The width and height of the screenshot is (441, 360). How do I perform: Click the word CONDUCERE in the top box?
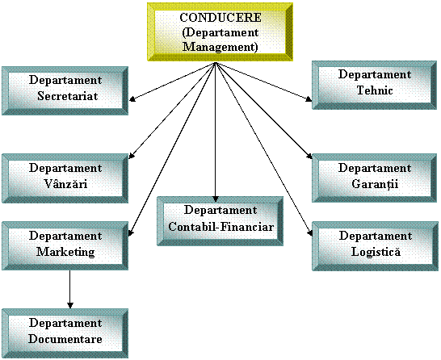coord(220,18)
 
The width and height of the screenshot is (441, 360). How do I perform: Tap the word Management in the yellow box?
coord(220,47)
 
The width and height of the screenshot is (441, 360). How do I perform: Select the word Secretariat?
coord(68,96)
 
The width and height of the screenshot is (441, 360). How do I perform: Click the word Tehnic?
coord(375,90)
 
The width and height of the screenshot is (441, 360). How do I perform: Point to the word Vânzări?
coord(65,184)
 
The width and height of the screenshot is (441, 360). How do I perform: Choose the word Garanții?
coord(375,184)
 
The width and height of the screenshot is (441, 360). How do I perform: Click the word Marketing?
coord(65,252)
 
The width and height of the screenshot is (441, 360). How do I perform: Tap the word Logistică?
coord(376,252)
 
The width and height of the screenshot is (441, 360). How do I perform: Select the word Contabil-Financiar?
coord(220,227)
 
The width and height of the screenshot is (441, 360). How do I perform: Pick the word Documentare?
coord(65,339)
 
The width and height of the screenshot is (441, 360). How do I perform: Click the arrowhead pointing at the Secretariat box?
coord(132,98)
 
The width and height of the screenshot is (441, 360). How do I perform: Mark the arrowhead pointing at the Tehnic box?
coord(309,99)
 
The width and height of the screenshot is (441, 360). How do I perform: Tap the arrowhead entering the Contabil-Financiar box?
coord(216,199)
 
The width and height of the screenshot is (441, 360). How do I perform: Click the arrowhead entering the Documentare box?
coord(70,305)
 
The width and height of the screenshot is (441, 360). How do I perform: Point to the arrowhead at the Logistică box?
coord(310,233)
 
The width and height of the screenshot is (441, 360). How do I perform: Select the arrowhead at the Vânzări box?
coord(132,156)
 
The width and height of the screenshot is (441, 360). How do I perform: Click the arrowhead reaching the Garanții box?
coord(309,156)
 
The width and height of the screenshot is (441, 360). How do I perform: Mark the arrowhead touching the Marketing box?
coord(131,232)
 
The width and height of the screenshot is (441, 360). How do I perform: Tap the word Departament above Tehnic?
coord(375,75)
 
